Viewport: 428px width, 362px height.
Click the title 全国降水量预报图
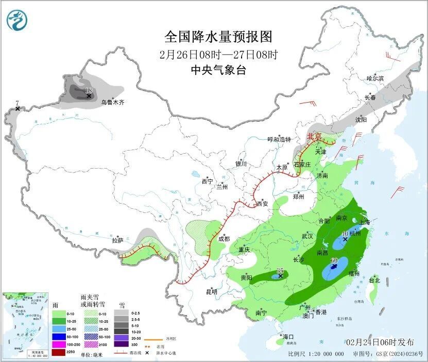218,37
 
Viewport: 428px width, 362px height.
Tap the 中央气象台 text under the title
218,70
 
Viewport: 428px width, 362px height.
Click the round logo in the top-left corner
17,21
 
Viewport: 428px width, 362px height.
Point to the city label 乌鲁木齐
112,103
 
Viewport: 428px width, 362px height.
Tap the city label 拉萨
117,240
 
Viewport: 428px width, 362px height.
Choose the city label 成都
224,238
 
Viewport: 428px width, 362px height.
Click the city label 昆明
212,292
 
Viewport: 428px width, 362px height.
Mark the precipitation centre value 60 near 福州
334,260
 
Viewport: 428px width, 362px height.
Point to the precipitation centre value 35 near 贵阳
280,271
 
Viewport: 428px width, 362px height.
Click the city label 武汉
307,236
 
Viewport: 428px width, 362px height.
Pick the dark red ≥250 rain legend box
59,352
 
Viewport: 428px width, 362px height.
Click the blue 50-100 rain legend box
59,336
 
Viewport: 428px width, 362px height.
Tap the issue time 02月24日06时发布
380,342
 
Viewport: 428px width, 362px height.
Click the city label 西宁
207,181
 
